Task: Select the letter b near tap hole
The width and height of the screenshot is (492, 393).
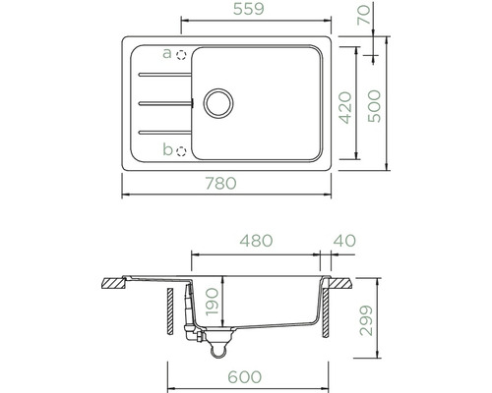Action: pos(166,149)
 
